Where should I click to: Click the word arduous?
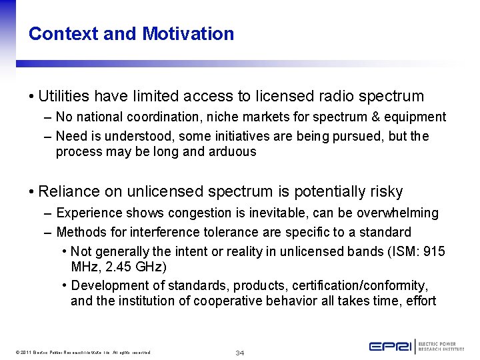point(230,151)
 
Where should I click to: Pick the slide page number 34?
point(240,352)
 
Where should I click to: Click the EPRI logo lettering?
point(390,346)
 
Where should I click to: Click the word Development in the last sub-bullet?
point(107,285)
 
